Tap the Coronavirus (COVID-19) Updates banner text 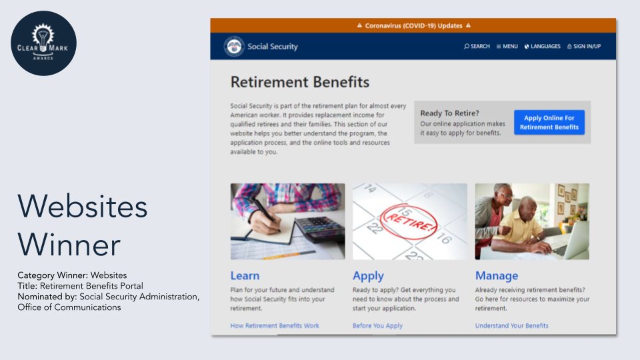point(413,25)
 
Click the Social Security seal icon point(235,47)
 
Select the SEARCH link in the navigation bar point(477,47)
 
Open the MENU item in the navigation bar point(507,47)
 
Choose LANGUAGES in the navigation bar point(542,47)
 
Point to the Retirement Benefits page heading point(299,82)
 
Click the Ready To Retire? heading point(449,113)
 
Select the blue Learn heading point(245,275)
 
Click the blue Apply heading point(368,275)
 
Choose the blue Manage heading point(496,275)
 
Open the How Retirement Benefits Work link point(275,325)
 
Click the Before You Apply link point(377,325)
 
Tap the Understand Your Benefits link point(511,325)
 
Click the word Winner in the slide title point(69,244)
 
